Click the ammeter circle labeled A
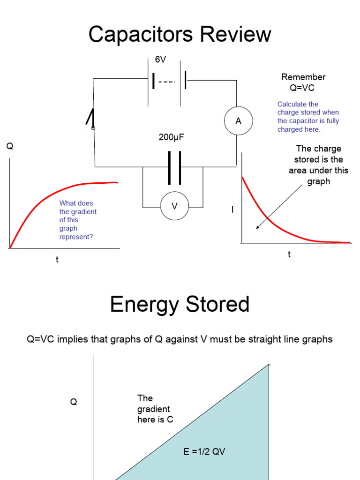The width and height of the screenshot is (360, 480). [x=238, y=121]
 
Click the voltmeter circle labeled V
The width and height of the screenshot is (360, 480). [x=174, y=206]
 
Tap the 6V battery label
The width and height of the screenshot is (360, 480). [x=161, y=60]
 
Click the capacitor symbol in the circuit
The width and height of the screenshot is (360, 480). [x=174, y=167]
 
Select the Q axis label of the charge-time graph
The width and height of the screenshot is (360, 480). [x=10, y=147]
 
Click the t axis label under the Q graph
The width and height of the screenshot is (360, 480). [x=57, y=260]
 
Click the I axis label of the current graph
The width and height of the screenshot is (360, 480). [x=232, y=210]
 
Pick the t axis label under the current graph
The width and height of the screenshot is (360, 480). [x=289, y=255]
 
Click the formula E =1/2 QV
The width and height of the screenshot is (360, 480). [x=205, y=452]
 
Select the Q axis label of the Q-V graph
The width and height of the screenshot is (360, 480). [x=74, y=402]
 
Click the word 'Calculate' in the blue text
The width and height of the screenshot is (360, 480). [x=291, y=104]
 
